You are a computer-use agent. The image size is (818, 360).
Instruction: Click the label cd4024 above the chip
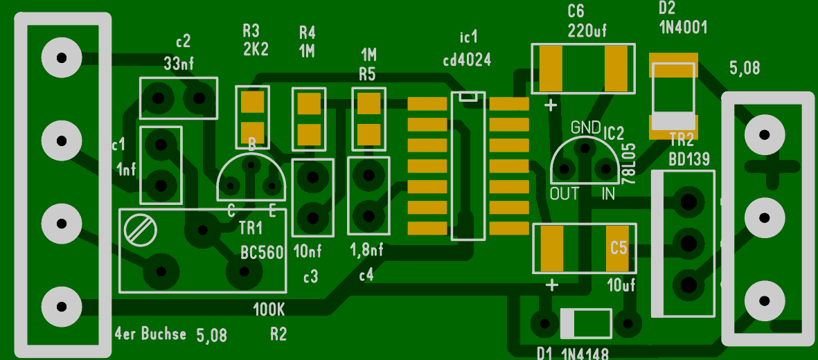pos(467,60)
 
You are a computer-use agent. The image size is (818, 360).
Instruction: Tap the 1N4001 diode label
pos(683,28)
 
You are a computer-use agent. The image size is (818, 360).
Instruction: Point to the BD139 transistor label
pos(689,160)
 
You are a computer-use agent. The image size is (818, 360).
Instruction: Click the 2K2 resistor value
pos(256,49)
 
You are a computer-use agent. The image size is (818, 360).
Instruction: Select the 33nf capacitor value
pos(179,63)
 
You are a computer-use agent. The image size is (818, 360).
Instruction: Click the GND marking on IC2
pos(585,127)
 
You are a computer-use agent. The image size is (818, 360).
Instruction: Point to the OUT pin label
pos(564,194)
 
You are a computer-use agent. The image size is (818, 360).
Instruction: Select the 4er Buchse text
pos(150,334)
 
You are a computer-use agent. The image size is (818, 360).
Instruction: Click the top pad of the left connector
pos(62,57)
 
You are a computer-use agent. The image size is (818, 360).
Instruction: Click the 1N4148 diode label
pos(584,354)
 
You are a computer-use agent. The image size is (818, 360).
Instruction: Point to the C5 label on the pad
pos(619,247)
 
